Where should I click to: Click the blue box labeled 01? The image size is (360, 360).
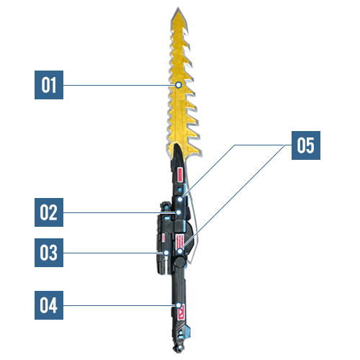[49, 85]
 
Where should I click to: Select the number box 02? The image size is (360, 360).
[49, 212]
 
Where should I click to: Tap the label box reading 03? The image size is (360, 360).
[49, 253]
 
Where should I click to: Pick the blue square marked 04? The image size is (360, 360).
[49, 305]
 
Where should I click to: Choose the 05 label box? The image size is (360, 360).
[306, 145]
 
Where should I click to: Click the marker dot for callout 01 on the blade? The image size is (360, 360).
[179, 85]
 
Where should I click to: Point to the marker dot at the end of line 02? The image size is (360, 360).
[179, 212]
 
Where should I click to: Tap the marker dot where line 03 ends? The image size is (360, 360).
[166, 253]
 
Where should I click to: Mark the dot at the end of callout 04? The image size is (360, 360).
[179, 305]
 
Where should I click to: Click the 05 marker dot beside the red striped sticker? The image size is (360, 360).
[180, 251]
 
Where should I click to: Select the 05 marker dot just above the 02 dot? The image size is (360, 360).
[180, 199]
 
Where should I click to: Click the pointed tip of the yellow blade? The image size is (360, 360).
[178, 8]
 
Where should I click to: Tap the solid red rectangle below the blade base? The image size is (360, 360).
[180, 174]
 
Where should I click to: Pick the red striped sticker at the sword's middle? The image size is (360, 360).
[180, 241]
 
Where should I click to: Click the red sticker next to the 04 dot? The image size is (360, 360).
[181, 312]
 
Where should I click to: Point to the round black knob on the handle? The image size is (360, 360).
[180, 261]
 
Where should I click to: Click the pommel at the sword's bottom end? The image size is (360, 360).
[179, 348]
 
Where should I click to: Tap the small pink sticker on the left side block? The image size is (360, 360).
[163, 238]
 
